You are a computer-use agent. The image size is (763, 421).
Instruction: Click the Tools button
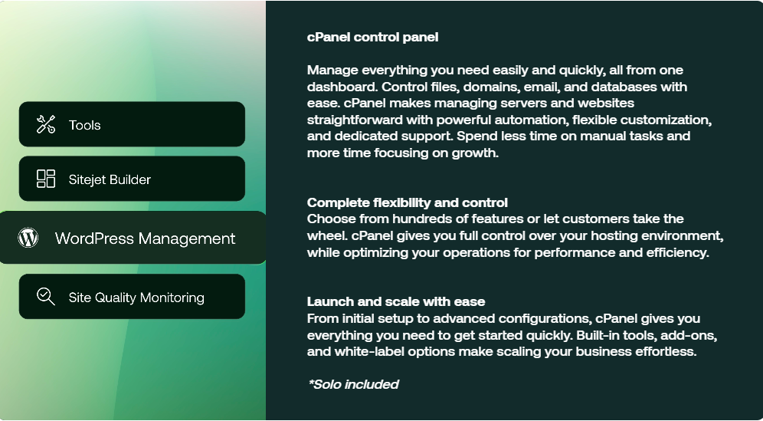132,124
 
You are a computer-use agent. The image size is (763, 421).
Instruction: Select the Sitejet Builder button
132,179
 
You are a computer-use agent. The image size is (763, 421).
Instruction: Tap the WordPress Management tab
133,238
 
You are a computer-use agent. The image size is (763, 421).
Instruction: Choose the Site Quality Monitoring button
132,297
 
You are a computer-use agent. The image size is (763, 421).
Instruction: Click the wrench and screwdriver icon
46,124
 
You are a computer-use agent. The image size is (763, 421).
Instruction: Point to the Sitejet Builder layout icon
46,179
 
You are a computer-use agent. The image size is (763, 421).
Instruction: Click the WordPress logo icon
28,238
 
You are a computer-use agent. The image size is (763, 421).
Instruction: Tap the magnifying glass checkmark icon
46,297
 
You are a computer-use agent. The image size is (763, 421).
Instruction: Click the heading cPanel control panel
373,37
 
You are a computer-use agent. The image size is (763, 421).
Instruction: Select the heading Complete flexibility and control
408,202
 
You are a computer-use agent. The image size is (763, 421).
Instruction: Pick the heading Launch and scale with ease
396,301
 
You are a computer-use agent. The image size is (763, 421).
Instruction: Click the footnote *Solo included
354,384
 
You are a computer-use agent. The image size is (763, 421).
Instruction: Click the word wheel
327,235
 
